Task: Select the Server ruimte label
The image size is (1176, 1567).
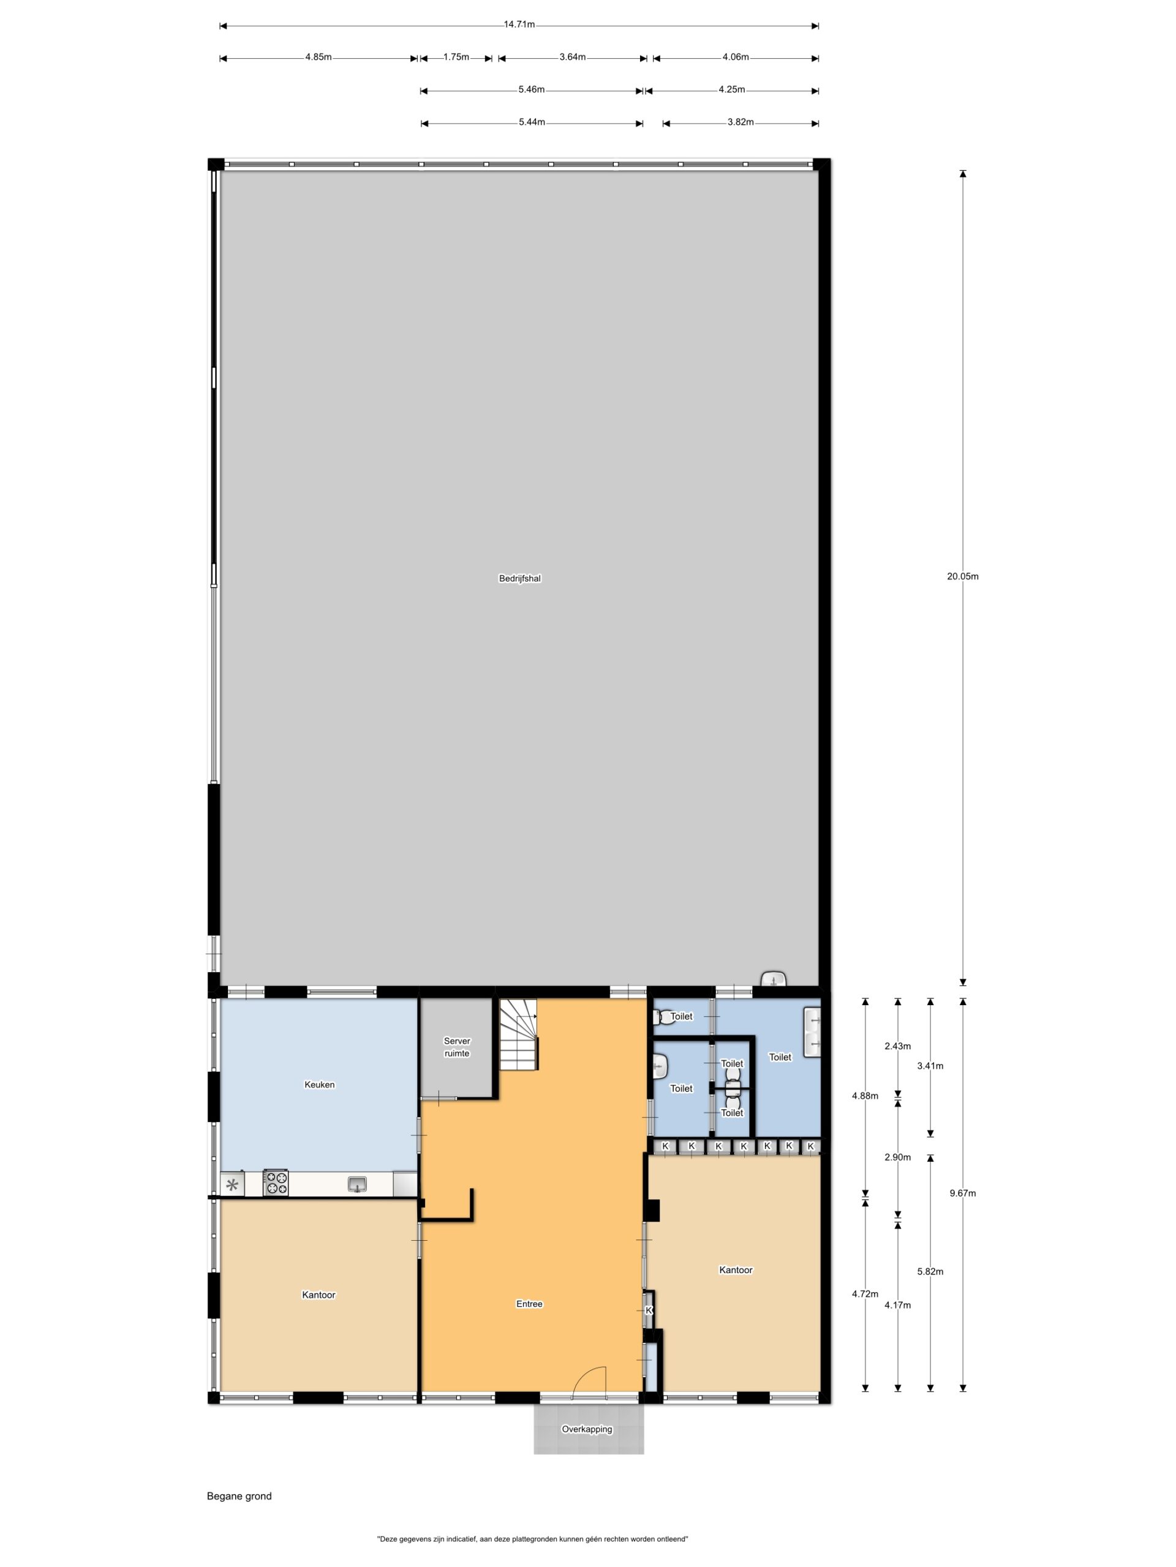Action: click(x=456, y=1047)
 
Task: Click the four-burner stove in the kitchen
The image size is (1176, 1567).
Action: click(x=276, y=1183)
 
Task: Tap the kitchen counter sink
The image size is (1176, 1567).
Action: click(x=358, y=1183)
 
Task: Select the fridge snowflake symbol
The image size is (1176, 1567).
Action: click(x=232, y=1184)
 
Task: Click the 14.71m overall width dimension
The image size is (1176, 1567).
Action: click(x=519, y=25)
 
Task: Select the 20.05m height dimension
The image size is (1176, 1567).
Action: click(x=962, y=576)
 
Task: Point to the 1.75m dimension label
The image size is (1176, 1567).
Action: click(x=456, y=58)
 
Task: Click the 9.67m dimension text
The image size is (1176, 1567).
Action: click(x=963, y=1193)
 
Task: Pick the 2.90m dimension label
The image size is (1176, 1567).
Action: click(x=897, y=1157)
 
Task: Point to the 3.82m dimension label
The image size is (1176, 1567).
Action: click(x=740, y=122)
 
